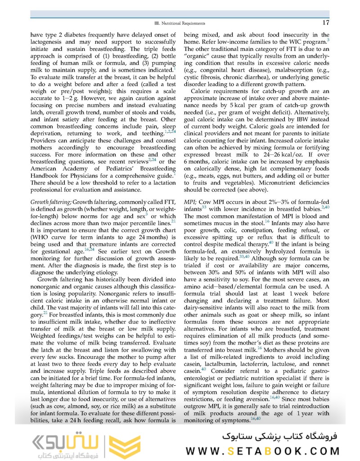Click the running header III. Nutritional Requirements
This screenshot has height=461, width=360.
click(180, 23)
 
